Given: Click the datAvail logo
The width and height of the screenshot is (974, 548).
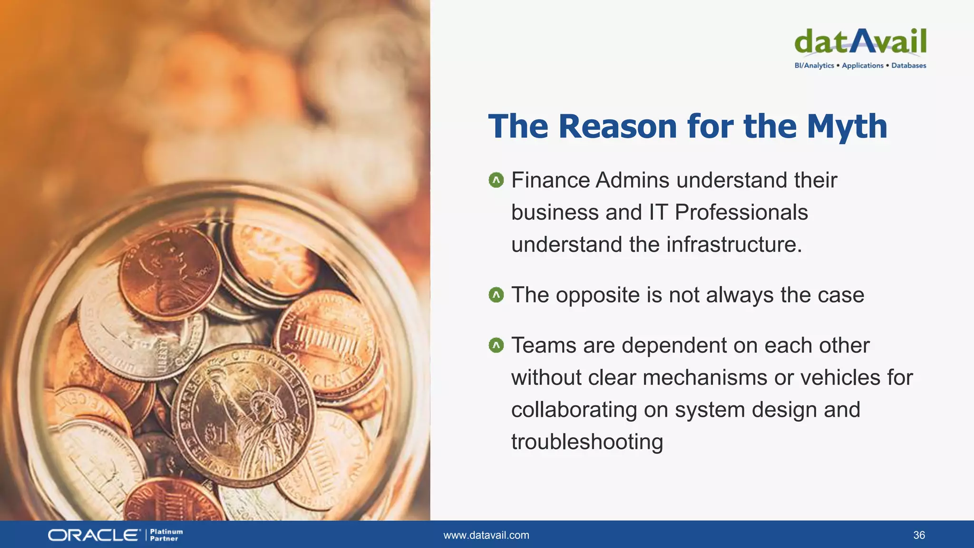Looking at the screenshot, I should [860, 42].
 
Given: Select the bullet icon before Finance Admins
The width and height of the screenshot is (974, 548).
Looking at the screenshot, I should [496, 180].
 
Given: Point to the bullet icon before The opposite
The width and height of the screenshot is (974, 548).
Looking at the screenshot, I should [496, 295].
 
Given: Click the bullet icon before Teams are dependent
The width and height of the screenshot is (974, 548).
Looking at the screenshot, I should [496, 345].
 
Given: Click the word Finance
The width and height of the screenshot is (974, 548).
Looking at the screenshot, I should [550, 180].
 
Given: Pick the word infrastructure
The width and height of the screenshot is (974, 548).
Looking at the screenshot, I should [734, 245].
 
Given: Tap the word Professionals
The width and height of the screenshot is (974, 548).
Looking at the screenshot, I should [741, 213].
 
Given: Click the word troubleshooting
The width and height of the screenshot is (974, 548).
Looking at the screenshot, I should [587, 442].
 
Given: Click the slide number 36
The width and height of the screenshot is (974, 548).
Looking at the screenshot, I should [919, 535].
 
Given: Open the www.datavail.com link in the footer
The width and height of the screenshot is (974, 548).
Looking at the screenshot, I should [486, 535].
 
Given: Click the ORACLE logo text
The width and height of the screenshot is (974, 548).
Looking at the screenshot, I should [94, 535].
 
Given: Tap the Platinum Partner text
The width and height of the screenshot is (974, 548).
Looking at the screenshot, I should [166, 535].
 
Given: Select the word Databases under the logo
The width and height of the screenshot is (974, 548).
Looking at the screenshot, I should [908, 66].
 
